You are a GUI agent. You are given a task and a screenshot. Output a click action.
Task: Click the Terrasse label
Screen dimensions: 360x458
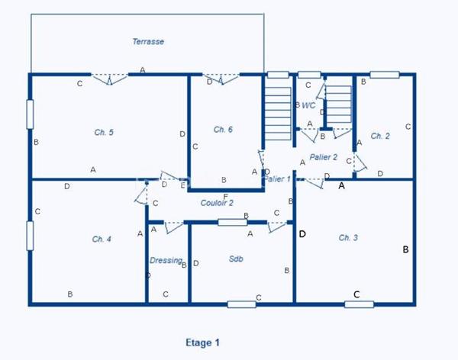[148, 42]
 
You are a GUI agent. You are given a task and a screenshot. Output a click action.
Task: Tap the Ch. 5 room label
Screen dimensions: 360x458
[104, 133]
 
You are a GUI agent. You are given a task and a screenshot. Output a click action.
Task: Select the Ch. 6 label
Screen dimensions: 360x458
[223, 129]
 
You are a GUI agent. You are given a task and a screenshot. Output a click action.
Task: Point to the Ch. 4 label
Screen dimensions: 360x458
[102, 239]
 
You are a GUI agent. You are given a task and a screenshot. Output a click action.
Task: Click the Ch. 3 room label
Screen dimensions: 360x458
[348, 238]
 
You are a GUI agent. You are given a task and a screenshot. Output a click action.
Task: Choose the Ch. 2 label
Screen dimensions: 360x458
[380, 136]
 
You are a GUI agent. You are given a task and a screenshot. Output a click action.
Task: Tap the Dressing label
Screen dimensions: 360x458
[166, 260]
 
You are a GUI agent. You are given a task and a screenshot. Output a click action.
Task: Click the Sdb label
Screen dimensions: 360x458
[235, 259]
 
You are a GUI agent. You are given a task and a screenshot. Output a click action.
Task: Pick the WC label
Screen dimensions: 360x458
[308, 105]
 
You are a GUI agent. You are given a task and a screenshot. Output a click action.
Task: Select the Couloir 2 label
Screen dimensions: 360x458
[217, 203]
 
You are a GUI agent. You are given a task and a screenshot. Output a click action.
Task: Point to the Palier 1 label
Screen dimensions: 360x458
[277, 179]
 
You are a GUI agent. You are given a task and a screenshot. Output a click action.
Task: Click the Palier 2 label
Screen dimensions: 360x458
[324, 157]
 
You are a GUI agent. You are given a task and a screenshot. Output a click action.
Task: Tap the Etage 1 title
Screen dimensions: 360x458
[203, 342]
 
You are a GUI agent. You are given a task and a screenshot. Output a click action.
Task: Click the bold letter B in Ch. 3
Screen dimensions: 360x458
[406, 249]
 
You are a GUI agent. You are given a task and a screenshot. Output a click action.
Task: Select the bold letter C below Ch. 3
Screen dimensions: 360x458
[356, 294]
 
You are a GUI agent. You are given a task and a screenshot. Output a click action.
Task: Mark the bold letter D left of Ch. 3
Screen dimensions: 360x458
[302, 234]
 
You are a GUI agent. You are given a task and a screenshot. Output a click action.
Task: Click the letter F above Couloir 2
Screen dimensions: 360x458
[225, 196]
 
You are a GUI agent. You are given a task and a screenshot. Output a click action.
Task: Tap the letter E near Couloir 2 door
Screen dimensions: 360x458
[182, 185]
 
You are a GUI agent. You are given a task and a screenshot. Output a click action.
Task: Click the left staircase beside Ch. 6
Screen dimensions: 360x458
[275, 111]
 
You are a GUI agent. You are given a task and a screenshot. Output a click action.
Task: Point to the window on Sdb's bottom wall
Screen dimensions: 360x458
[241, 304]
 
